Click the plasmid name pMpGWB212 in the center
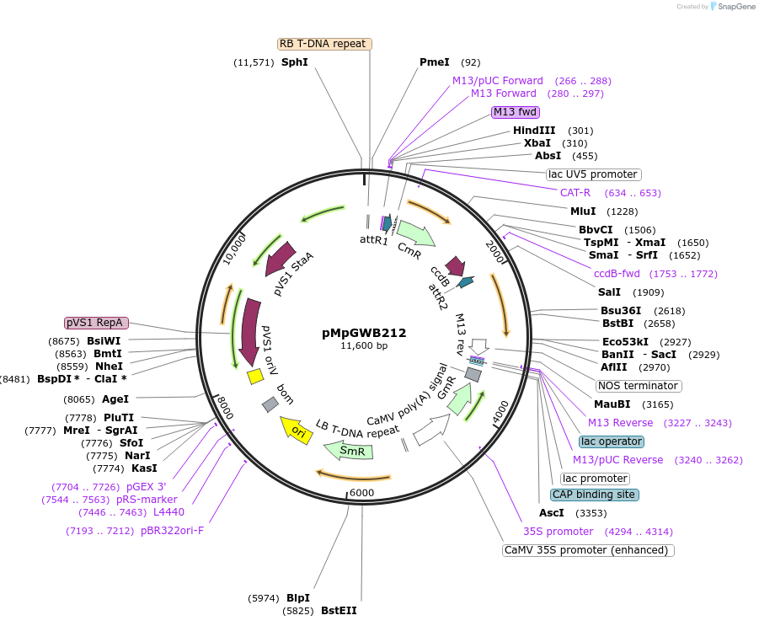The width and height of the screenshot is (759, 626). coord(364,333)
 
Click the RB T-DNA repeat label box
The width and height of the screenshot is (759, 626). coord(324,44)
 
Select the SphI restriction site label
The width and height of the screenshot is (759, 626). coord(295,62)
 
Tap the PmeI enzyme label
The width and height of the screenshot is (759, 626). coord(435,62)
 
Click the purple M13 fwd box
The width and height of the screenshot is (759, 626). coord(516,112)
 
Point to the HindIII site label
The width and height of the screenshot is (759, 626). coord(534,131)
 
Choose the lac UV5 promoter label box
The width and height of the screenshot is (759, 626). coord(593,174)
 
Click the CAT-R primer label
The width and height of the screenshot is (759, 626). coord(575,193)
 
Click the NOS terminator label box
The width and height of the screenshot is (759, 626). coord(638,386)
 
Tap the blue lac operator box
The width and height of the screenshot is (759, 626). coord(612,441)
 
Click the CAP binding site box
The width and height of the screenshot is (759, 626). coord(594,495)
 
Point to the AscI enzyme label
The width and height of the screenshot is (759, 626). coord(552,513)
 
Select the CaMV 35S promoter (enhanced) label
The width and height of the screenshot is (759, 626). coord(588,550)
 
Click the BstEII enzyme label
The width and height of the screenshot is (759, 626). coord(339,610)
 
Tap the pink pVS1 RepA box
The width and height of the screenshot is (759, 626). coord(96,323)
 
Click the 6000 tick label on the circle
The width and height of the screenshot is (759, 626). coord(361,493)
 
